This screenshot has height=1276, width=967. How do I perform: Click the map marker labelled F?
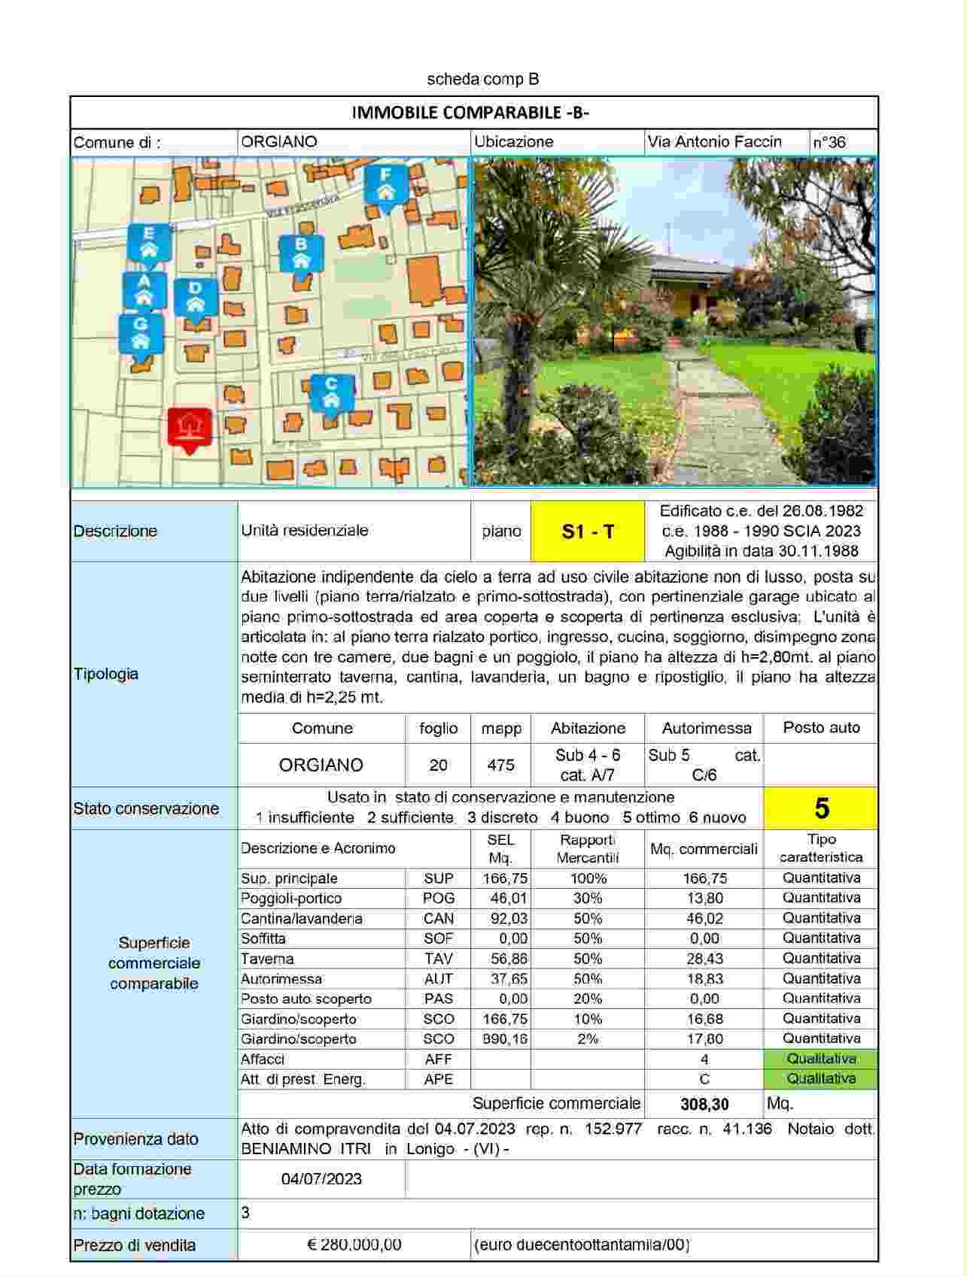tap(385, 184)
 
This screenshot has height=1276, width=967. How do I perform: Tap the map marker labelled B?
tap(301, 253)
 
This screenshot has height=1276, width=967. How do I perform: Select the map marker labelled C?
tap(330, 392)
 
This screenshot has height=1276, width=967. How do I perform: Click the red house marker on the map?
tap(190, 428)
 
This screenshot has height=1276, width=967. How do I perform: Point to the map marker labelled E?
tap(149, 242)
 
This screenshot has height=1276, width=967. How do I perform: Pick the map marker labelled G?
tap(140, 333)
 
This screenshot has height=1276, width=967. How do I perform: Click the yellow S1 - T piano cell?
tap(588, 532)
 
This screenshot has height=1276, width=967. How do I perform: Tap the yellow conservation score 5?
tap(821, 808)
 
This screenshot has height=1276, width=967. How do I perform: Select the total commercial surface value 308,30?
tap(704, 1104)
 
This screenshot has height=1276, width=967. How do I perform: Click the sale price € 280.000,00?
tap(354, 1244)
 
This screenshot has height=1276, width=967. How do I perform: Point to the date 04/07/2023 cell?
tap(321, 1178)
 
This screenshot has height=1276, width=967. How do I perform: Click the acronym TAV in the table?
tap(438, 959)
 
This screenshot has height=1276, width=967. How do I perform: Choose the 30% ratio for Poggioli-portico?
tap(588, 899)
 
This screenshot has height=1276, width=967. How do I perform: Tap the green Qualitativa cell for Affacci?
tap(821, 1059)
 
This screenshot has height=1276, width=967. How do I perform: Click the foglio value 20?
tap(438, 765)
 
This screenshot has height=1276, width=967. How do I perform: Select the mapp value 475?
tap(500, 765)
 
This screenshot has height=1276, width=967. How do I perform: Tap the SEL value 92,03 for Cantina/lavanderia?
tap(500, 918)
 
